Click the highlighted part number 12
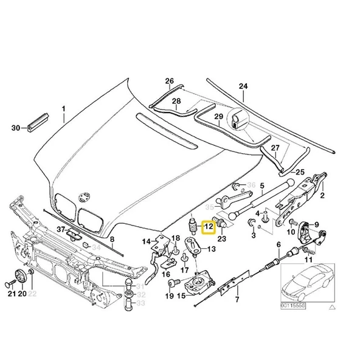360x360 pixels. click(209, 228)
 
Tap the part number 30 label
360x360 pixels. click(16, 128)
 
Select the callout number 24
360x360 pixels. click(243, 86)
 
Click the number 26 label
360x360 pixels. click(169, 81)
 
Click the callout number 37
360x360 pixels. click(60, 229)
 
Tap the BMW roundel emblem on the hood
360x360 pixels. click(83, 195)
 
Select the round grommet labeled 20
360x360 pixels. click(20, 279)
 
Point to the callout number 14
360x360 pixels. click(147, 241)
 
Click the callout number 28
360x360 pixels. click(176, 101)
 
